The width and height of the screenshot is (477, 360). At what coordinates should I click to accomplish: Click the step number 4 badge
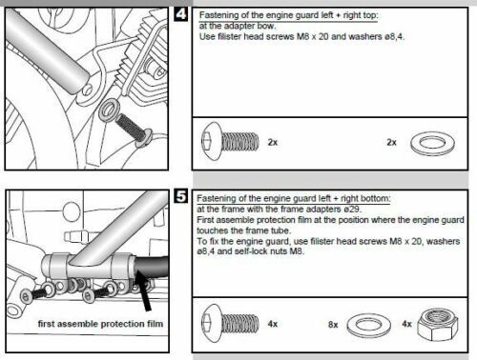181,14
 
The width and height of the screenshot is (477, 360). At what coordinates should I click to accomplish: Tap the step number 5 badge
181,196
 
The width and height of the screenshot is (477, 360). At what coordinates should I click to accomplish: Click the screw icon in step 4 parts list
230,141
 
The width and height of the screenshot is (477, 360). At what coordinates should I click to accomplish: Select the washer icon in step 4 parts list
432,143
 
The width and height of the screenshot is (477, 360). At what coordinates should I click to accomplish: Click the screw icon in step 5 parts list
230,323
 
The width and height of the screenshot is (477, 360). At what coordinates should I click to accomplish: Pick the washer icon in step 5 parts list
368,325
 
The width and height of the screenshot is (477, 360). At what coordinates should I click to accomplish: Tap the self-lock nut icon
438,325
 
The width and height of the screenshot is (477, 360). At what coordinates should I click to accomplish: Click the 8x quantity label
333,325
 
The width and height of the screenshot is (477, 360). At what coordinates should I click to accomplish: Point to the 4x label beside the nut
407,324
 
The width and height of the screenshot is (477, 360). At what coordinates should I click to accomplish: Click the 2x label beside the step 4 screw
273,142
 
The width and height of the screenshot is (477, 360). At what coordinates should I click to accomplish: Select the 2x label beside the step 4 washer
392,142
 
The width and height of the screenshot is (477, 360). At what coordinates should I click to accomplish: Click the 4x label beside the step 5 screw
273,324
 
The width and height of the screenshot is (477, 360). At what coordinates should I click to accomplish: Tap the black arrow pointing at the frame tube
142,290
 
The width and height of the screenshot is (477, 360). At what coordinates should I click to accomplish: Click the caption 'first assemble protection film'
100,324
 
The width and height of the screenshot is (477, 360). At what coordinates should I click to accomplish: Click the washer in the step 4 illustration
109,110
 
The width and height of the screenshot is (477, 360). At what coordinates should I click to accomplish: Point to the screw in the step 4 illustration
134,130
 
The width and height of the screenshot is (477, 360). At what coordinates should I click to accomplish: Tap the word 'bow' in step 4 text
265,26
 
